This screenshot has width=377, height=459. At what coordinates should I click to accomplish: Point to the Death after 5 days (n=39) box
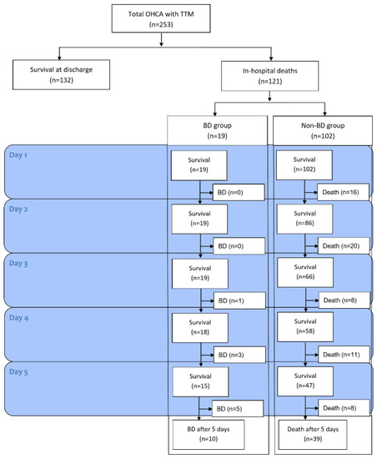(321, 434)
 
